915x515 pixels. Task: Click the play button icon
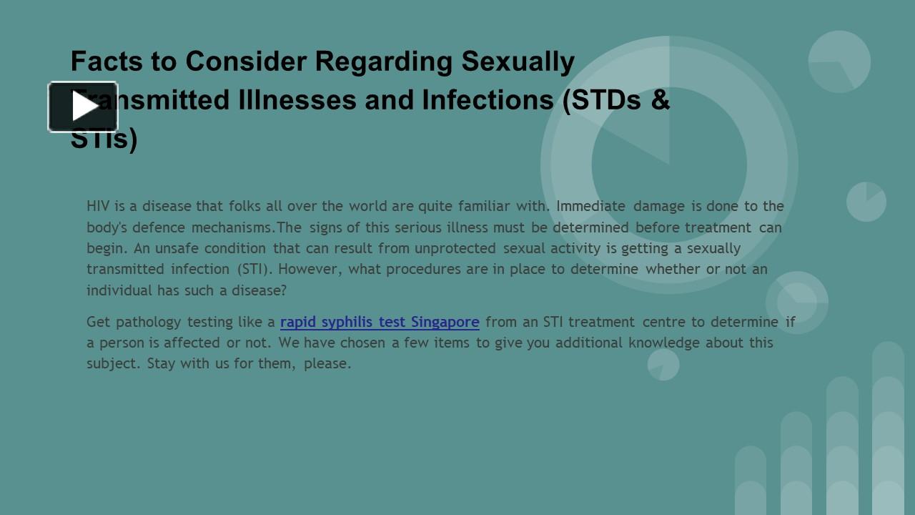[83, 107]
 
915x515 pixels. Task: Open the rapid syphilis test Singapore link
[380, 322]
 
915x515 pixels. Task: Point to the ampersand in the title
[661, 100]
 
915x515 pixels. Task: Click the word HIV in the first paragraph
[98, 206]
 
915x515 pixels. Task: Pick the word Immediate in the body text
[591, 206]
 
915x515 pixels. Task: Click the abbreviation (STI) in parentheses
[254, 269]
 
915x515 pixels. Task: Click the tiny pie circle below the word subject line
[663, 365]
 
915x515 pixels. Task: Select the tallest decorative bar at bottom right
[888, 429]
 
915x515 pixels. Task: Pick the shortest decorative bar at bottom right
[751, 480]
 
